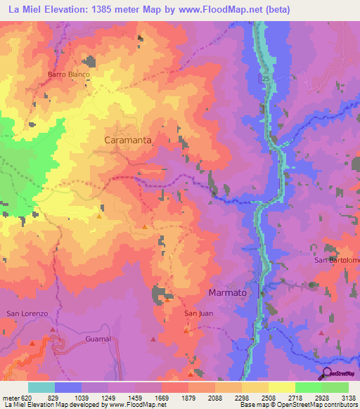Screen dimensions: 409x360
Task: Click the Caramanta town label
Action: [x=127, y=141]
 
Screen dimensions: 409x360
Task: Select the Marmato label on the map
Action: [x=229, y=292]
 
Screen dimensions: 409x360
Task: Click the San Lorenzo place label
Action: [x=26, y=313]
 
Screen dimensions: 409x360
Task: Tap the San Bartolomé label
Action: [x=337, y=261]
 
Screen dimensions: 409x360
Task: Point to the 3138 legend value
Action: [x=347, y=397]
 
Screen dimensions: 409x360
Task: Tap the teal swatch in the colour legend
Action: [x=41, y=387]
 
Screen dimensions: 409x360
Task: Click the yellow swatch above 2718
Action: [x=281, y=387]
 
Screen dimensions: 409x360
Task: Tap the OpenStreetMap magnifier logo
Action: [x=326, y=375]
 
